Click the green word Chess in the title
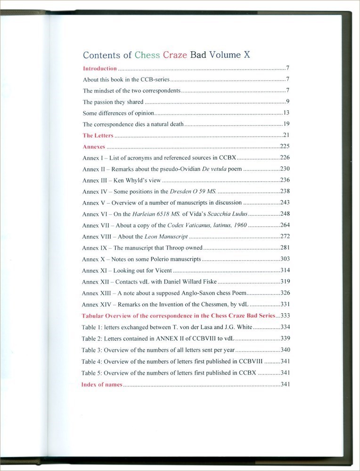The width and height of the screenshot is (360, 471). [x=147, y=55]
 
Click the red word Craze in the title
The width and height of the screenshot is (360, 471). [x=175, y=55]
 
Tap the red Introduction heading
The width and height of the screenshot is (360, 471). [x=99, y=68]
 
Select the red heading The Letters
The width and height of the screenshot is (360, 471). [x=98, y=136]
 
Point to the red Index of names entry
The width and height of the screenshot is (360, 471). [x=102, y=384]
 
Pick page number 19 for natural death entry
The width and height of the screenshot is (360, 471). [x=286, y=124]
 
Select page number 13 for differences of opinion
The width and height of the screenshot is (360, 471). [x=286, y=113]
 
